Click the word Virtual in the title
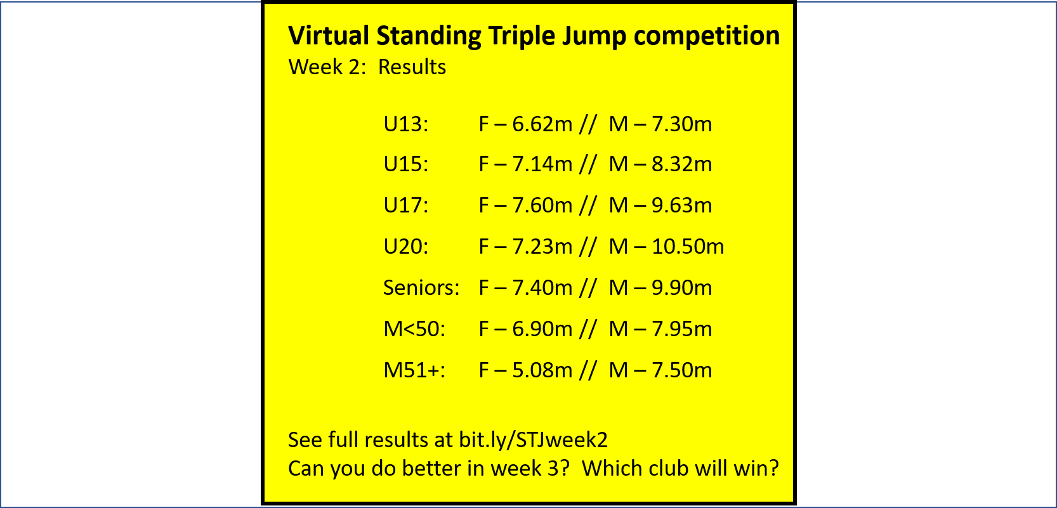point(329,36)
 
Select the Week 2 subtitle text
point(327,67)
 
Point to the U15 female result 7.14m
point(542,164)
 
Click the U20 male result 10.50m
point(688,246)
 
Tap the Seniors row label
point(421,287)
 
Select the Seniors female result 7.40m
point(542,287)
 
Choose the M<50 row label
point(414,329)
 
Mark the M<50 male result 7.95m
point(682,329)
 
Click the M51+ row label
point(414,370)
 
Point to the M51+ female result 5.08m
point(542,370)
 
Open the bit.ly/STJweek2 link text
point(533,440)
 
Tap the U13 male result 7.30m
point(682,124)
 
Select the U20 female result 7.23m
point(542,246)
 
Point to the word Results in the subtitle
point(412,67)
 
